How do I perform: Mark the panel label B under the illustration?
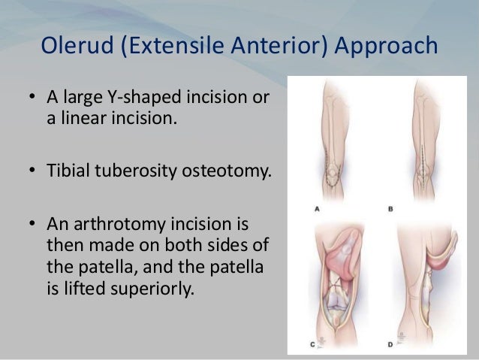click(x=390, y=208)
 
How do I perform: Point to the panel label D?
click(x=390, y=343)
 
